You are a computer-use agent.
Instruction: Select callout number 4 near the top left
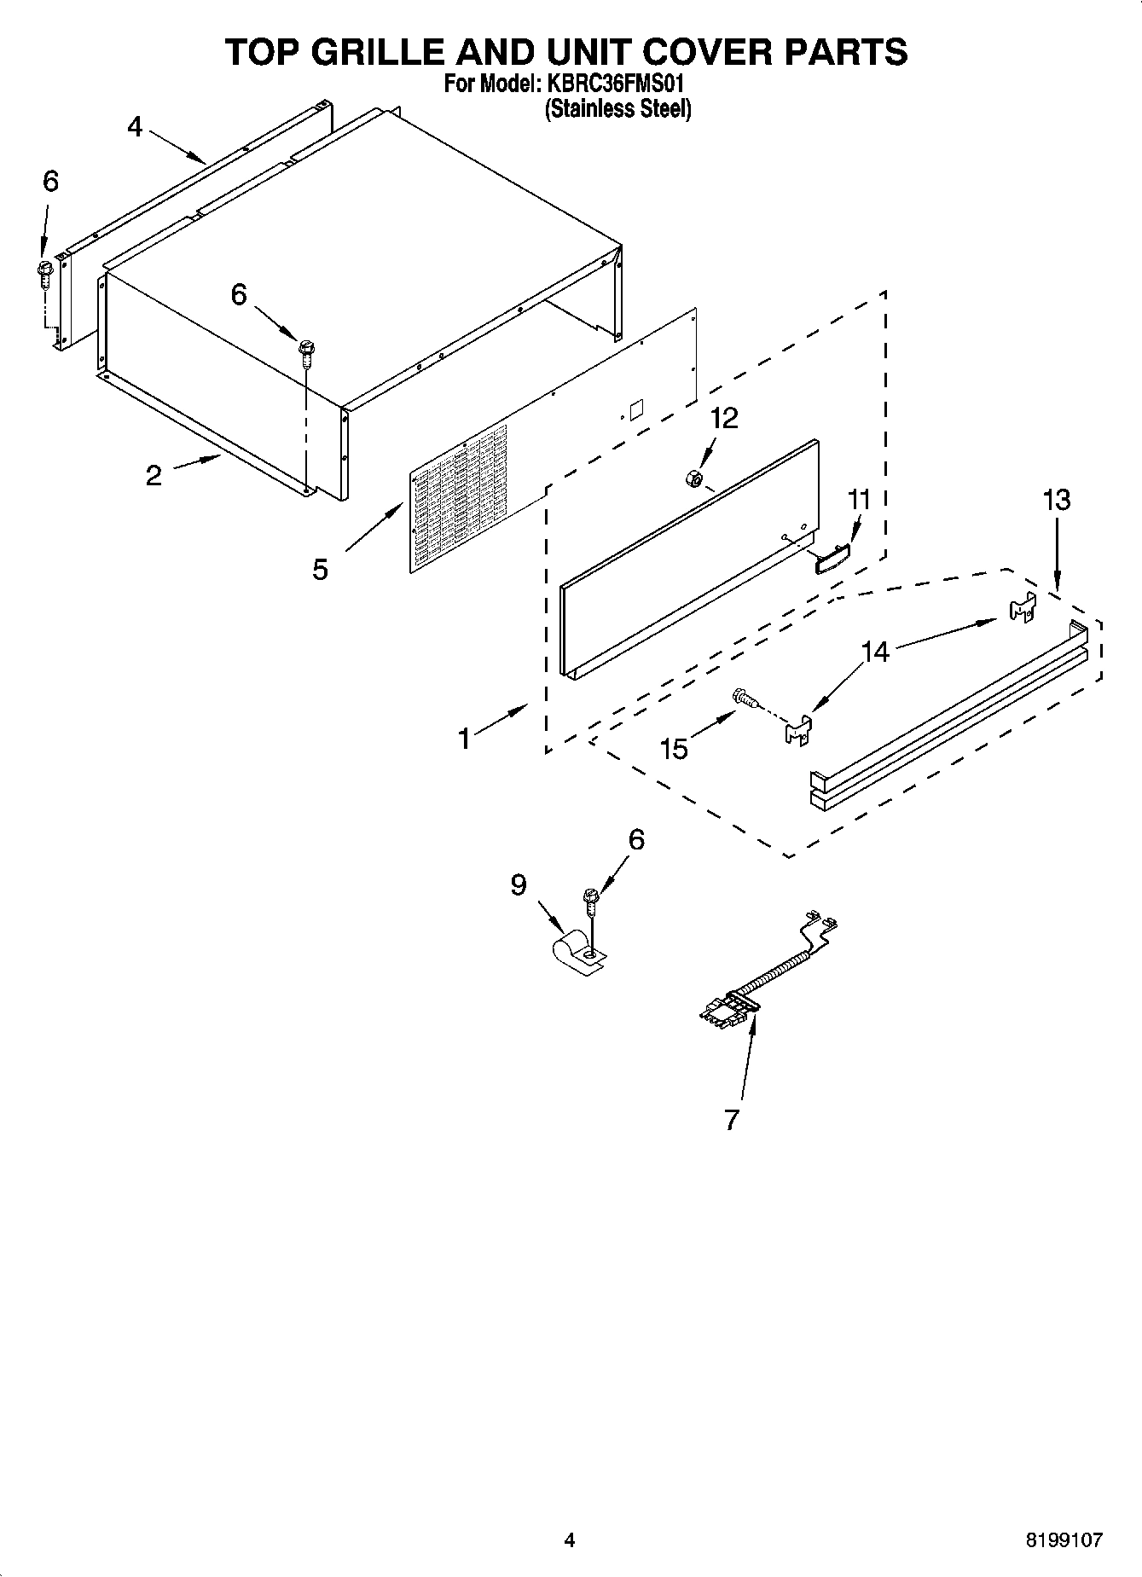(135, 127)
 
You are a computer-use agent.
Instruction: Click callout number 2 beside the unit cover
(154, 475)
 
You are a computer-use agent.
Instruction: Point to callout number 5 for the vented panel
(320, 569)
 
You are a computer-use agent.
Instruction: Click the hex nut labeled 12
(693, 479)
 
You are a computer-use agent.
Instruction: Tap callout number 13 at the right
(1056, 500)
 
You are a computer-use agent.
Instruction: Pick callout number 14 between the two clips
(874, 652)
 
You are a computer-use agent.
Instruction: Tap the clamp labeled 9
(576, 954)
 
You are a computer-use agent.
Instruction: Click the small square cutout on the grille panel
(636, 408)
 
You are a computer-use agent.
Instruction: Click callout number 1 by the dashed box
(464, 738)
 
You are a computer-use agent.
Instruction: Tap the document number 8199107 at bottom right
(1063, 1539)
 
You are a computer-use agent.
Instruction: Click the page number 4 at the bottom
(569, 1539)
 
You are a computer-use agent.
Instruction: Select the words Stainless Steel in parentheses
(617, 109)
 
